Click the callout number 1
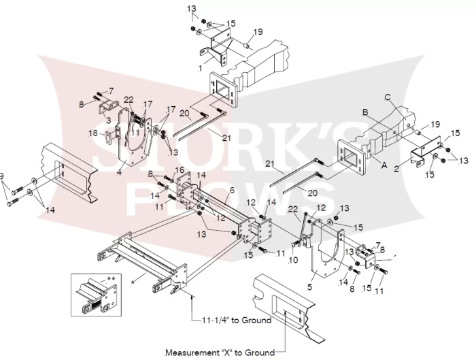200,69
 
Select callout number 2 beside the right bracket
396,169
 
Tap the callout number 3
108,120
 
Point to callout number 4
119,173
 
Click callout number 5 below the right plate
309,287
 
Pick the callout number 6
233,191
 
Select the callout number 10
293,260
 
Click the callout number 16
180,169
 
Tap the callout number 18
93,133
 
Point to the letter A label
384,165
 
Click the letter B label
365,112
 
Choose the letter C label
388,97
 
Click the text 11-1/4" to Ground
237,321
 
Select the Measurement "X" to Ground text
220,353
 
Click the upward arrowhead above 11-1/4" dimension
192,297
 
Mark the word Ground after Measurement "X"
260,353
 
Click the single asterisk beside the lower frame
133,282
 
